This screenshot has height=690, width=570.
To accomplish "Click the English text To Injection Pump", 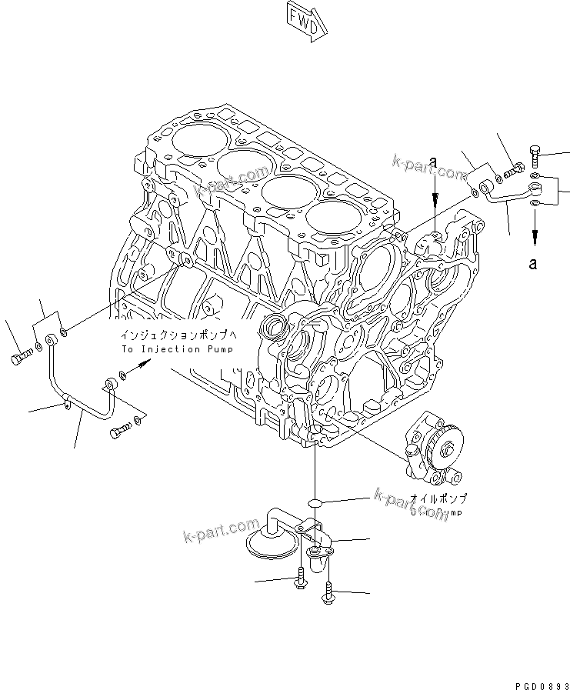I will tap(176, 348).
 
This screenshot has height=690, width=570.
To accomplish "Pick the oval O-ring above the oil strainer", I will tap(315, 502).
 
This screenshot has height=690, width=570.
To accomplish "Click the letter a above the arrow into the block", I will tap(434, 162).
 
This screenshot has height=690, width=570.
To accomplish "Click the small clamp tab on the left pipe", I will tap(68, 399).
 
